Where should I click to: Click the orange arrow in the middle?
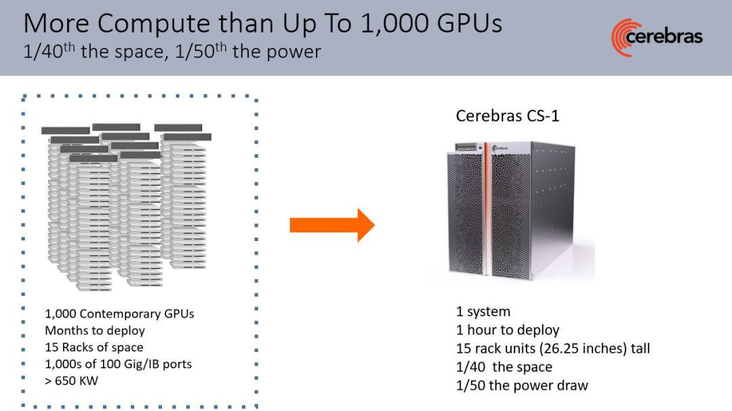(332, 225)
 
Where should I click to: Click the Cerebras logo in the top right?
(656, 37)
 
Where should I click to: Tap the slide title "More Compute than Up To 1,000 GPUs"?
(262, 23)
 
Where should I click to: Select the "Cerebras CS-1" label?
(507, 116)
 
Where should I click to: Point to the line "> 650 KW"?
(71, 381)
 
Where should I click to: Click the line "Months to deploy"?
(95, 330)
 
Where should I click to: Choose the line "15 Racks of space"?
(94, 347)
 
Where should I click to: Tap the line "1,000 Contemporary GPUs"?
(119, 313)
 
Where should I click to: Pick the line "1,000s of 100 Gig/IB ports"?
(118, 364)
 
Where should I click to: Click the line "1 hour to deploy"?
(508, 330)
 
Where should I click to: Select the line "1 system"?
(483, 311)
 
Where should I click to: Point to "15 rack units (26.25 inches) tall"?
(553, 349)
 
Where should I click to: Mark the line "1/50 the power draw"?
(522, 385)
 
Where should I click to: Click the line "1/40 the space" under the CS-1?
(504, 367)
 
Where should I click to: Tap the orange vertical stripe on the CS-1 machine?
(487, 210)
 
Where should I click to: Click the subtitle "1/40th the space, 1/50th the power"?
(171, 50)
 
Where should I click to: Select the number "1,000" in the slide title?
(394, 23)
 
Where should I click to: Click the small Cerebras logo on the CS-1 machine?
(500, 148)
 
